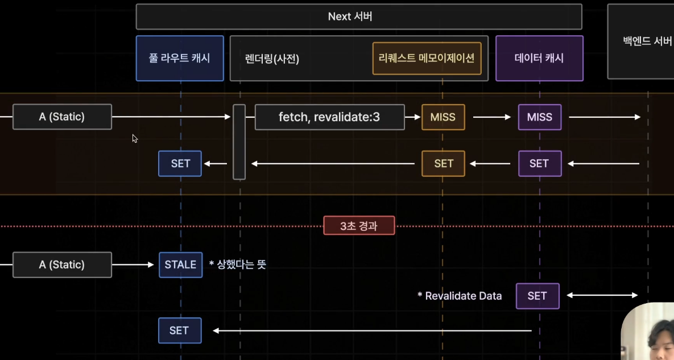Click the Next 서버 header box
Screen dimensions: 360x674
[x=358, y=16]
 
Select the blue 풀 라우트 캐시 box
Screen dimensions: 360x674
[x=180, y=58]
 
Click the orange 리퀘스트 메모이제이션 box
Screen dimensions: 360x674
[x=427, y=58]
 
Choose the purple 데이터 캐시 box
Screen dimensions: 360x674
[x=539, y=58]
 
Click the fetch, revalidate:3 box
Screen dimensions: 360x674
[x=329, y=117]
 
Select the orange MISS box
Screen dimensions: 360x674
[x=443, y=117]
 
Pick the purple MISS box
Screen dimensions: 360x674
[x=539, y=117]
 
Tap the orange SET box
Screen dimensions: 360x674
[x=443, y=164]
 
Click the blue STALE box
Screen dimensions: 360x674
[x=180, y=264]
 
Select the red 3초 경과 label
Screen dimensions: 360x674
[x=359, y=226]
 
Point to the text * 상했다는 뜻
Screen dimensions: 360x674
[x=237, y=264]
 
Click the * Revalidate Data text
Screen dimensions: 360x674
[x=460, y=296]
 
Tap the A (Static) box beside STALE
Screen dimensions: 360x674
[x=62, y=264]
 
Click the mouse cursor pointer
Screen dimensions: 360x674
[x=135, y=138]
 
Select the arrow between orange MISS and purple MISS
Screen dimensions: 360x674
[x=491, y=117]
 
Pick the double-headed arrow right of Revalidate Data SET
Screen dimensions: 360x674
[x=602, y=295]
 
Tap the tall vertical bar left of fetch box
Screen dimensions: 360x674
[x=239, y=142]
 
